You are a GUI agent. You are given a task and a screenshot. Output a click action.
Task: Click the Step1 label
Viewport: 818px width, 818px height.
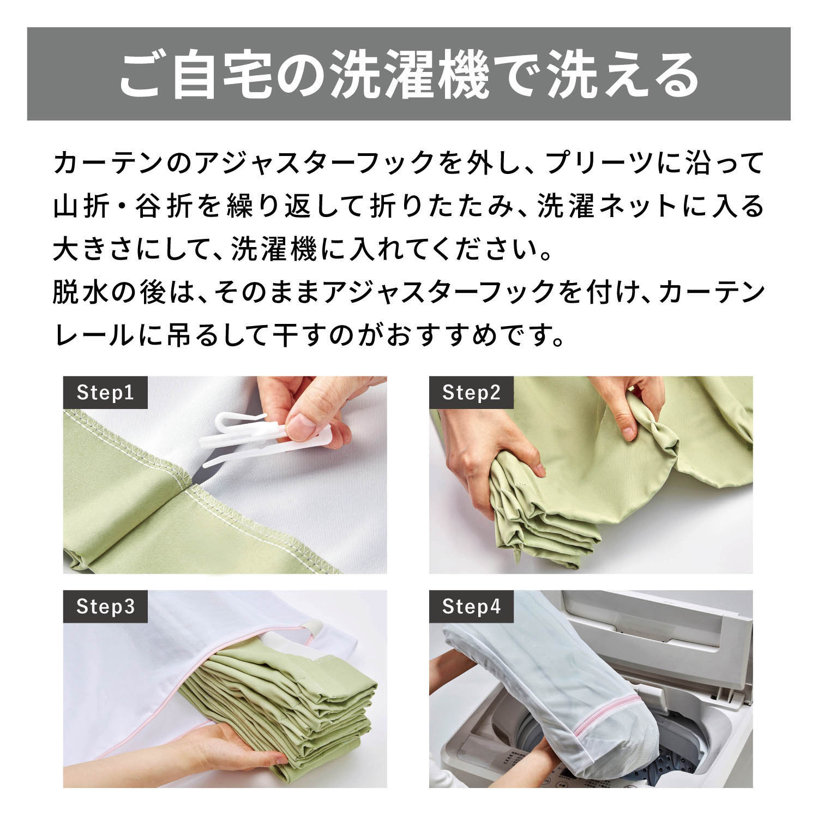[105, 393]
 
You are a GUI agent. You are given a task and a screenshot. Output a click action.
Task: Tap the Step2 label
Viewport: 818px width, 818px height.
[471, 393]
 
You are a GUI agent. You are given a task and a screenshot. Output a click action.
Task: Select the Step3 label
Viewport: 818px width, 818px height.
[105, 606]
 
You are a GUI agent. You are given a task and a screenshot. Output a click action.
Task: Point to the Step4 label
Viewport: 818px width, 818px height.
[471, 606]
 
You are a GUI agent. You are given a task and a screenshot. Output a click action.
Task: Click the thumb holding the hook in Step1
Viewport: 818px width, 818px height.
[297, 425]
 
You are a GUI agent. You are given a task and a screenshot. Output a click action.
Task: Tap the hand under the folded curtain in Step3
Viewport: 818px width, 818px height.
[240, 747]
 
